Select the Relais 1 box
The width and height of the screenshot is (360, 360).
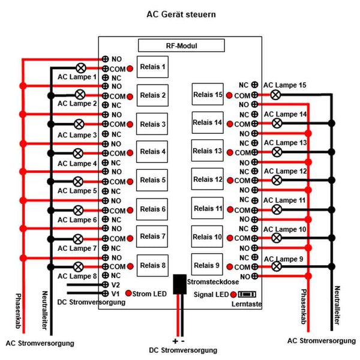[152, 67]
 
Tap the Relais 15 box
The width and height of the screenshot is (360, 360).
[207, 94]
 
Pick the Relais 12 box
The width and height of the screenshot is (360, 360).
[207, 179]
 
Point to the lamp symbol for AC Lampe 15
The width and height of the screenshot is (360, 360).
[275, 95]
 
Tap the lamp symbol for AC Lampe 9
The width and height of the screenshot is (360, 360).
[277, 265]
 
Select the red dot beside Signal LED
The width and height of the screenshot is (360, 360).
[233, 295]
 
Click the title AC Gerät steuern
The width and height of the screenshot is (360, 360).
[181, 13]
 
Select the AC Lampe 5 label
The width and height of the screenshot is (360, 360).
[77, 191]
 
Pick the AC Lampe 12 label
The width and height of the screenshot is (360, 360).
[285, 172]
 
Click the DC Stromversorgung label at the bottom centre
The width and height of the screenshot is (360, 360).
[183, 350]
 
